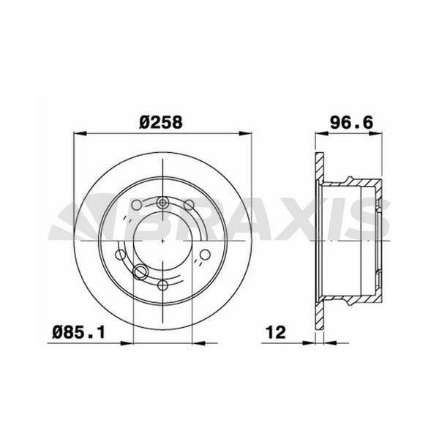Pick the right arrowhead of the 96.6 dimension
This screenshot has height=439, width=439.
379,133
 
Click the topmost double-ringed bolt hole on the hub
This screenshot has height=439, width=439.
162,203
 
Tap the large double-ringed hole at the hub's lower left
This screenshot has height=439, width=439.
139,274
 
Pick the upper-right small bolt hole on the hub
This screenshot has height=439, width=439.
187,205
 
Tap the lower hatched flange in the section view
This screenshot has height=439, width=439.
318,315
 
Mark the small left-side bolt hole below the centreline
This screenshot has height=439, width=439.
121,255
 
